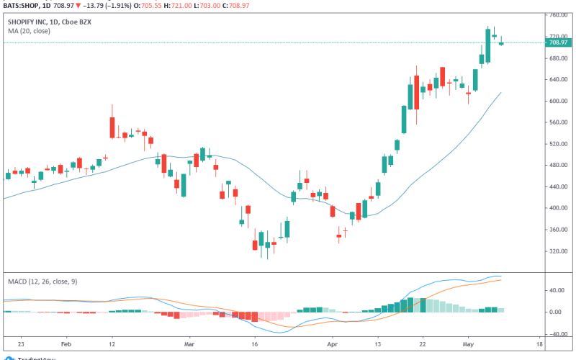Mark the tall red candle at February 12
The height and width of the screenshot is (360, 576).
112,125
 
